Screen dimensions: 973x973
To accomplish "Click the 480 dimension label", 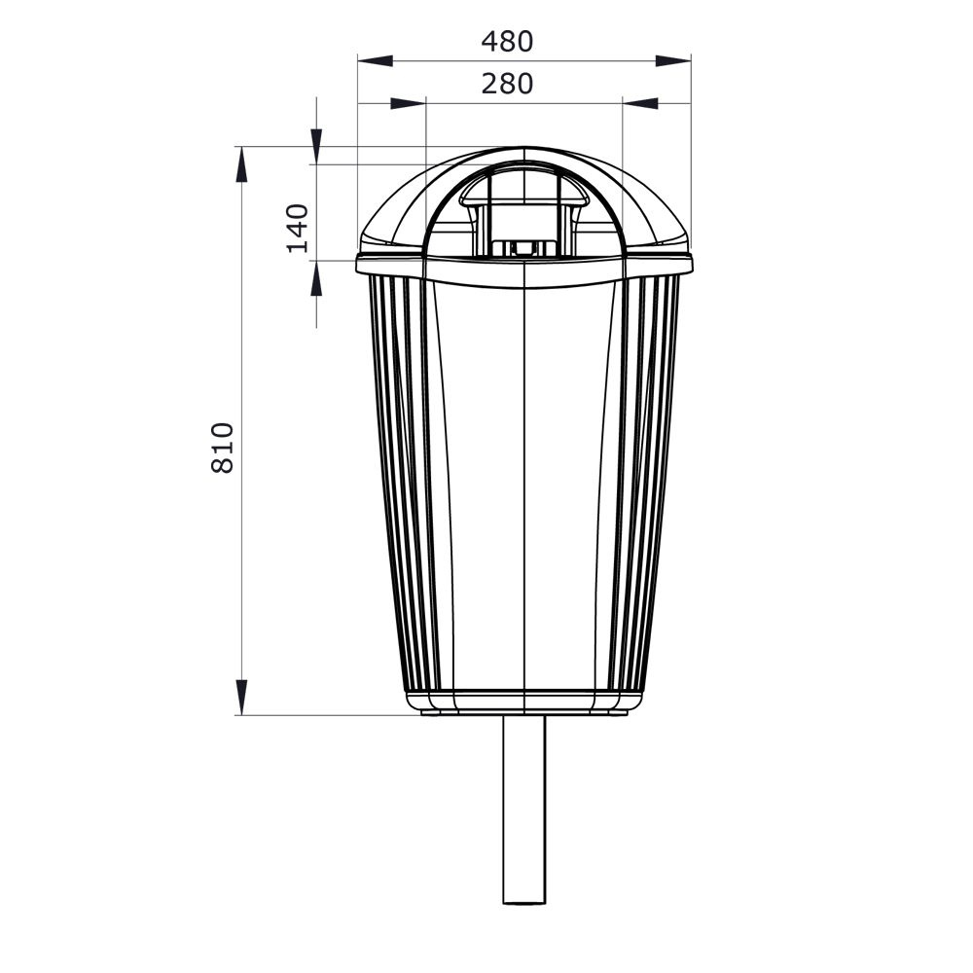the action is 507,42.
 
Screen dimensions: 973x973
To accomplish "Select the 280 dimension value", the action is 507,84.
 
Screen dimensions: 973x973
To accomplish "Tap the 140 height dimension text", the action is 298,228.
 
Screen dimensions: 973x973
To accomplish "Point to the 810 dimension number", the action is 223,448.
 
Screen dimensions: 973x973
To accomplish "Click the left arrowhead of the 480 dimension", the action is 376,60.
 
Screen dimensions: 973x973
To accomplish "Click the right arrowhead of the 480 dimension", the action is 673,60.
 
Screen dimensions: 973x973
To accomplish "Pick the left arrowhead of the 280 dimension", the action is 409,104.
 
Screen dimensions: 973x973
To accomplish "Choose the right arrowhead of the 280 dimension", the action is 640,104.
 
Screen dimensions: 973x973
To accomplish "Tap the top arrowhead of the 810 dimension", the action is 241,164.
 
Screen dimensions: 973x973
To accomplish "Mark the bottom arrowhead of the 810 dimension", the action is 241,697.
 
